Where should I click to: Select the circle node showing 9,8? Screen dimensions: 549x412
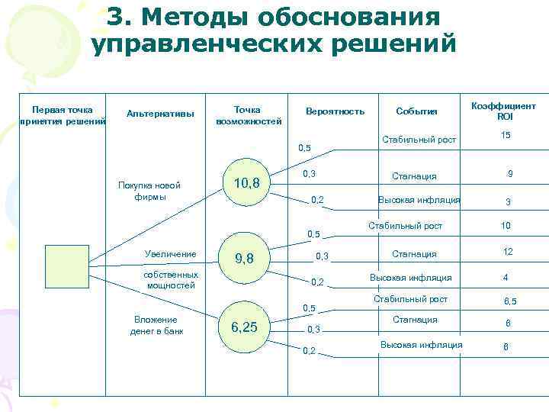tap(245, 259)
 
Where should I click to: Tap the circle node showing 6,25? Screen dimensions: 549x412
tap(244, 327)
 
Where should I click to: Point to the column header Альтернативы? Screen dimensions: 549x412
tap(161, 114)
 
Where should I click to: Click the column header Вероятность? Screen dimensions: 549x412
tap(335, 111)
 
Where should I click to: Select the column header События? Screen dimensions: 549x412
tap(416, 111)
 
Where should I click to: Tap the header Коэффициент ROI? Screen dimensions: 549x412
tap(504, 111)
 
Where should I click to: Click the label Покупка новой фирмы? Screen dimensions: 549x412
tap(149, 191)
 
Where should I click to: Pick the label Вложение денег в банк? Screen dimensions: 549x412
tap(156, 325)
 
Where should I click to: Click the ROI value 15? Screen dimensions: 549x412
tap(506, 135)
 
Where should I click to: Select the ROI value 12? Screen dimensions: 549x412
tap(508, 252)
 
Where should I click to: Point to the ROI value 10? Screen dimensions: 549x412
tap(506, 227)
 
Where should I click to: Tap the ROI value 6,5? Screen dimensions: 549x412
tap(509, 301)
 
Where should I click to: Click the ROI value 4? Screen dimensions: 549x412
tap(505, 277)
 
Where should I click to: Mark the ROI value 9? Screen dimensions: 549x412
tap(509, 174)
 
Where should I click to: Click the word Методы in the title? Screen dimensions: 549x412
tap(202, 18)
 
